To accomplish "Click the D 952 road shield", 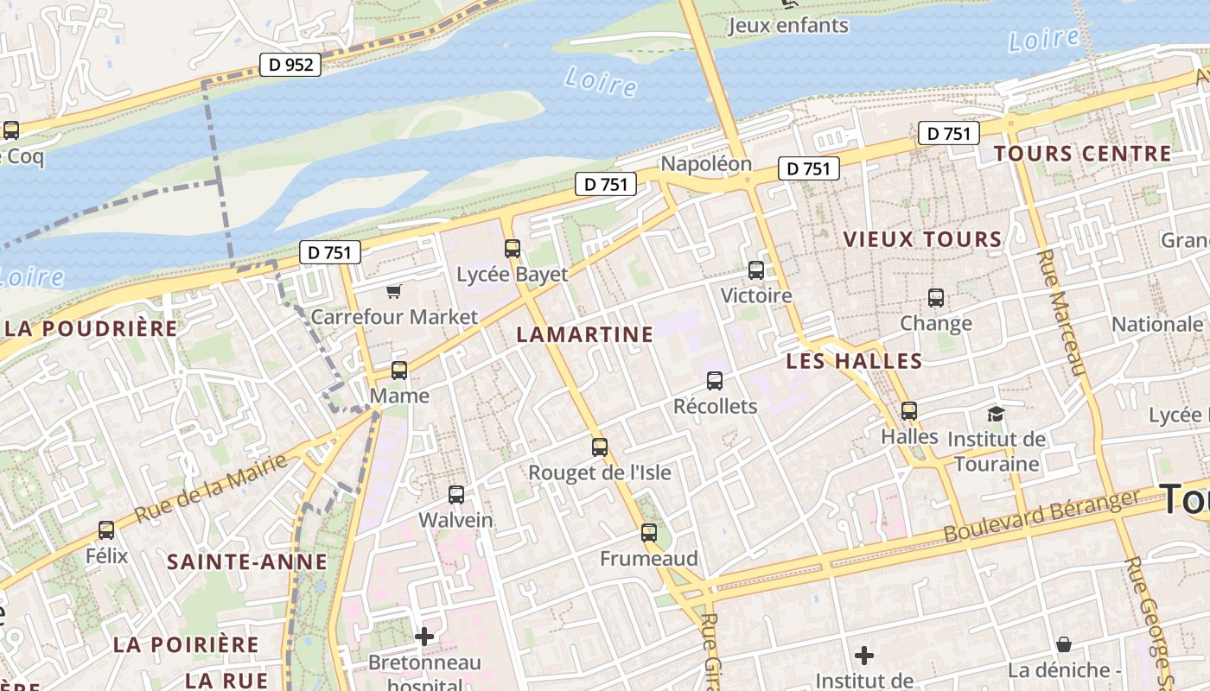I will tap(290, 64).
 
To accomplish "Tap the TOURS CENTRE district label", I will tap(1082, 154).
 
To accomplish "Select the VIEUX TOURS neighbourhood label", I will tap(922, 239).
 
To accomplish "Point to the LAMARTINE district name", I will tap(584, 335).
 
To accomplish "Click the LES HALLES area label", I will tap(854, 361).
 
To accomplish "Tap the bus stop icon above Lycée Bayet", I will tap(513, 249).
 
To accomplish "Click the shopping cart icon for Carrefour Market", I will tap(394, 291).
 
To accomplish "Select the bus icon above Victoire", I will tap(756, 270).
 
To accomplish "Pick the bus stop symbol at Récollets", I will tap(715, 381).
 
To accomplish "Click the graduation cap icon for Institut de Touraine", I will tap(997, 414).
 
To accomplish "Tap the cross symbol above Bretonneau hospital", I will tap(424, 637).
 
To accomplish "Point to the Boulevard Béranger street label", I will tap(1042, 517).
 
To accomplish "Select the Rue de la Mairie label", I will tap(211, 489).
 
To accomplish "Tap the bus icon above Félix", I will tap(106, 530).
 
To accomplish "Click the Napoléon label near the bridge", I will tap(706, 164).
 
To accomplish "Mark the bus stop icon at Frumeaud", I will tap(649, 533).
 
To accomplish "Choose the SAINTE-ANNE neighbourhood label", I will tap(247, 562).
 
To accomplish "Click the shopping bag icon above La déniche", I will tap(1064, 644).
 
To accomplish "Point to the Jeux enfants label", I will tap(788, 25).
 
